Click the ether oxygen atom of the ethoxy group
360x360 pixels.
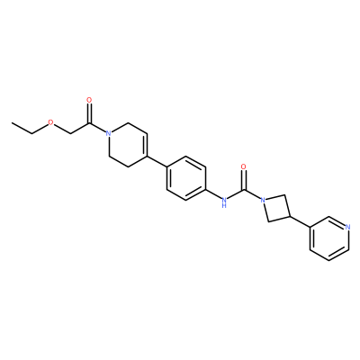click(x=50, y=122)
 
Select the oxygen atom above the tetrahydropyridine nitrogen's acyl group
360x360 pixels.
click(x=89, y=100)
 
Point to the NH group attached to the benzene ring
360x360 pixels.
click(x=223, y=202)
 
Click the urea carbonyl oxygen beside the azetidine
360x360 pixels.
click(x=244, y=166)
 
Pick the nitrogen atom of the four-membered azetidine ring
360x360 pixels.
click(x=263, y=200)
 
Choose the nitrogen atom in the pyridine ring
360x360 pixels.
click(x=347, y=227)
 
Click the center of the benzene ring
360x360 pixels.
click(x=186, y=178)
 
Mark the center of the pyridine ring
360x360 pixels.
click(x=329, y=238)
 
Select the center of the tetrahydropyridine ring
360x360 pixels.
click(x=128, y=145)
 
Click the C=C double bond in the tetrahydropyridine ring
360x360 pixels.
click(x=147, y=145)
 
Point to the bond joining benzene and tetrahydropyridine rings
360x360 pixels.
click(x=157, y=161)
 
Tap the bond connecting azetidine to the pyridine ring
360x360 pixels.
click(x=300, y=221)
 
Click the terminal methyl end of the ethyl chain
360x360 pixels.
click(x=12, y=122)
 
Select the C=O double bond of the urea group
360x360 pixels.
click(x=244, y=178)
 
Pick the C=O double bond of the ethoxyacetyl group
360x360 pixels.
click(x=89, y=112)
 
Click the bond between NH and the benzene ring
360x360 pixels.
click(x=212, y=194)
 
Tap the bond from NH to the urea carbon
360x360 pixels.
click(x=235, y=194)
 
